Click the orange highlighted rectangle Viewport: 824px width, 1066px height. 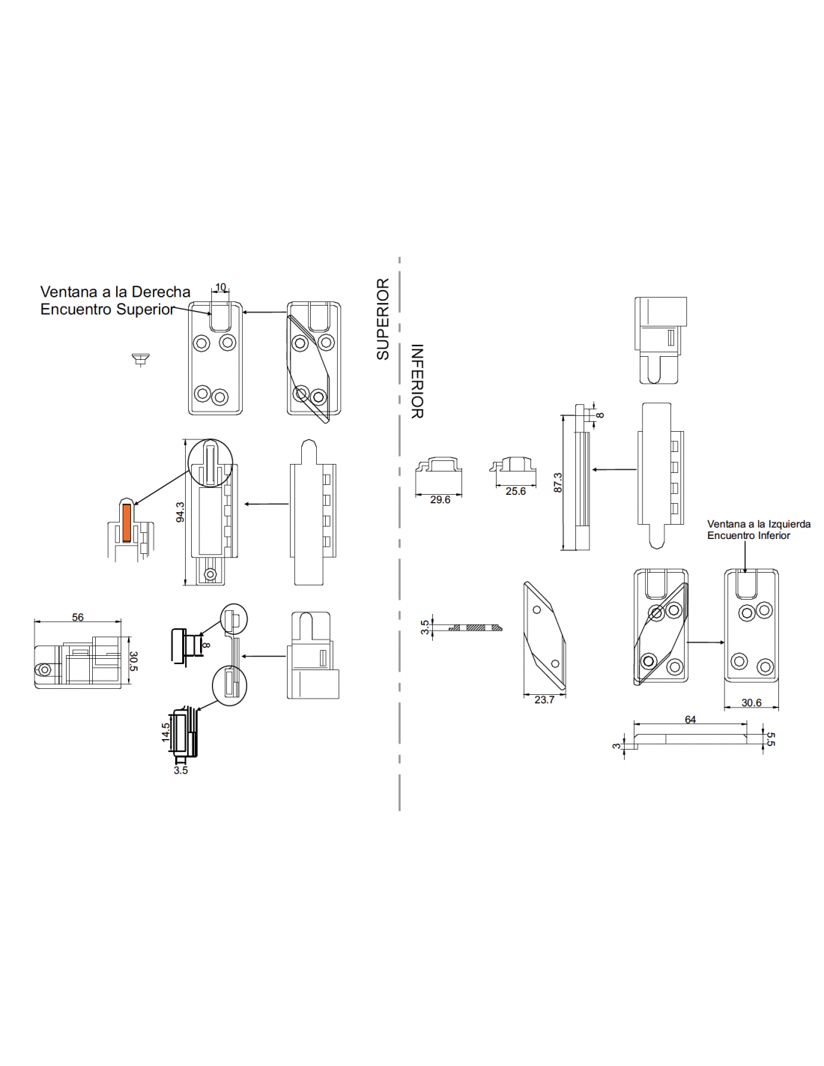pos(127,523)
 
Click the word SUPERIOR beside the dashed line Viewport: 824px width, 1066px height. pos(383,319)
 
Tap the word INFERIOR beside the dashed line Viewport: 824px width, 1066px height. pos(416,381)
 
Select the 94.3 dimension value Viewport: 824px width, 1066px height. pos(180,512)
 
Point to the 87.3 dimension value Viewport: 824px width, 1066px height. pos(557,483)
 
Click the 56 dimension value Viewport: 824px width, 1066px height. pos(78,617)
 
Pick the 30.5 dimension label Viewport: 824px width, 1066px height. pos(133,660)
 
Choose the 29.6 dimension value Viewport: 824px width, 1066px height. pos(440,499)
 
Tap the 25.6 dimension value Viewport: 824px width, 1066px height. pos(515,491)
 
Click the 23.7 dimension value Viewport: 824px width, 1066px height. pos(544,699)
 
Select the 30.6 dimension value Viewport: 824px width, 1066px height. pos(751,702)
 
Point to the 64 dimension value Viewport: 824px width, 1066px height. pos(690,719)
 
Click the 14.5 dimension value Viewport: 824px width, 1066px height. pos(166,732)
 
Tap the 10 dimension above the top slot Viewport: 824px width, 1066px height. pos(220,287)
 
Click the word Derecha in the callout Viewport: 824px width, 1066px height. pos(161,292)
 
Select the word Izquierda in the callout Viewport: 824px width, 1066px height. pos(790,524)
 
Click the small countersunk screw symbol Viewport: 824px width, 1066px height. pos(141,359)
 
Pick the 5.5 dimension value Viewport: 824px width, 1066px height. pos(770,739)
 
